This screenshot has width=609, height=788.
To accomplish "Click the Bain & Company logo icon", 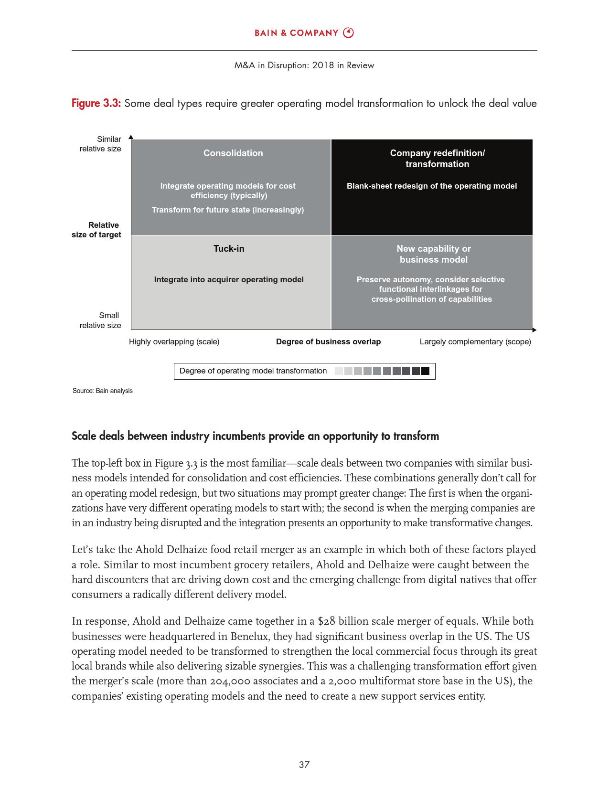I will pos(349,32).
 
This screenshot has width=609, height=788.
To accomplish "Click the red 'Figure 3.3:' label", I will pos(96,103).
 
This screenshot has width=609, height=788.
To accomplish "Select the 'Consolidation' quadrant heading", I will pos(233,153).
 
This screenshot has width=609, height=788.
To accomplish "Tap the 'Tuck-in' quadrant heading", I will pos(229,248).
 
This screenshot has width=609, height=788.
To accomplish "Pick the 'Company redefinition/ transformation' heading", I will pos(437,159).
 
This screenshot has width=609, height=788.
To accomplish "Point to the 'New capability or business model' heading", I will pos(434,254).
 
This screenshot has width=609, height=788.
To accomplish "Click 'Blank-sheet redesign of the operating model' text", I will pos(432,186).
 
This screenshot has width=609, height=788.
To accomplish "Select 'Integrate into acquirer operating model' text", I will pos(229,279).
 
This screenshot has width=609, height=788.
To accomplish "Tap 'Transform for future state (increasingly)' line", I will pos(228,210).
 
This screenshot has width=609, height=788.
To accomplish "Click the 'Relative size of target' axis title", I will pos(96,230).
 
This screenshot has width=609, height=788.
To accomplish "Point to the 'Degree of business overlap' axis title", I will pos(328,341).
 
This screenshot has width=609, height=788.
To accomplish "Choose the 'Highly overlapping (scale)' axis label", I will pos(174,341).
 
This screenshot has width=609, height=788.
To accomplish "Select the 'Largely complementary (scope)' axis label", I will pos(475,341).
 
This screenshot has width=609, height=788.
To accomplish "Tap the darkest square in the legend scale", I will pos(425,371).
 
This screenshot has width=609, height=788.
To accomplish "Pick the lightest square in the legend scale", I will pos(339,371).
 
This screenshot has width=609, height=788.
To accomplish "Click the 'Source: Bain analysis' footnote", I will pos(103,391).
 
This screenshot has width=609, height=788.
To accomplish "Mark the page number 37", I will pos(304,765).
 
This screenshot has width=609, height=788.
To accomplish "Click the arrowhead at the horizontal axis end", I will pos(534,330).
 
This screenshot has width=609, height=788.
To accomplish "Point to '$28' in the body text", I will pos(326,621).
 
